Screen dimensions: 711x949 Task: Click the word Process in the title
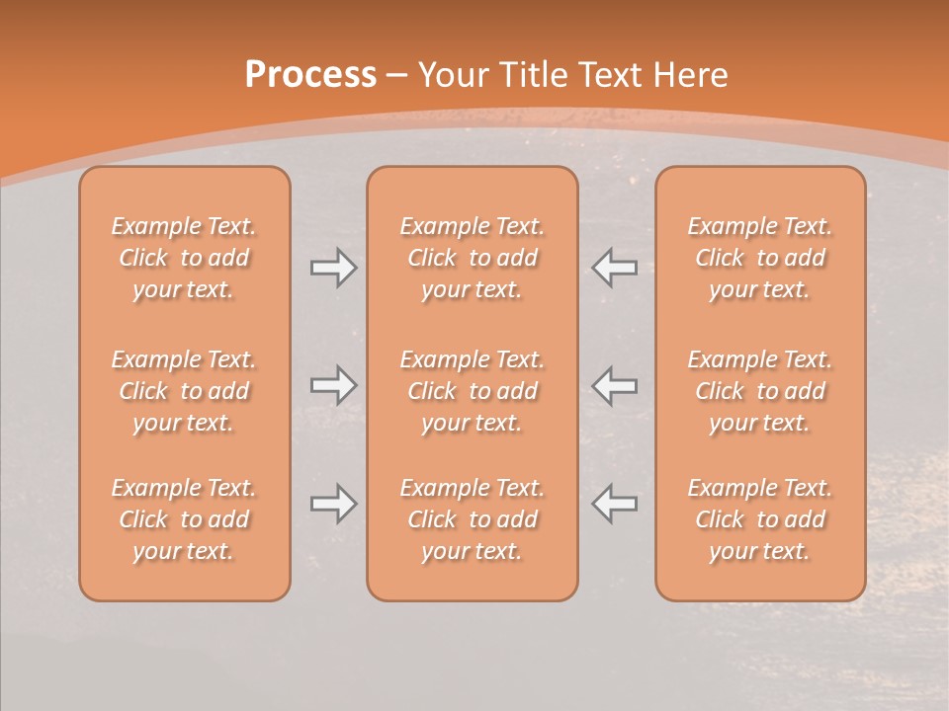click(310, 75)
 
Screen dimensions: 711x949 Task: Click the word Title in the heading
click(534, 75)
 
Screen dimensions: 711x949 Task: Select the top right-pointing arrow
click(333, 268)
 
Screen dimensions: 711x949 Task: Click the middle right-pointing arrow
click(333, 384)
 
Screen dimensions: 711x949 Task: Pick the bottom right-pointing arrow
click(333, 504)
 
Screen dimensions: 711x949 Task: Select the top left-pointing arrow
click(615, 268)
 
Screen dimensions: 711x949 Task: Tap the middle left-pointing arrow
click(615, 384)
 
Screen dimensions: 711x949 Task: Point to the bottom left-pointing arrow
click(615, 504)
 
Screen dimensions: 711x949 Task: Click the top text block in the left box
click(184, 258)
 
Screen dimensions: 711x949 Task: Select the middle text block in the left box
click(184, 391)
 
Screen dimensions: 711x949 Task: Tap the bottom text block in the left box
click(184, 519)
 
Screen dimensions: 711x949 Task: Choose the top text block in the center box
click(473, 258)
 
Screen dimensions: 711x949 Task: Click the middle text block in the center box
click(473, 391)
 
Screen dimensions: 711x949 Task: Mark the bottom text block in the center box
click(473, 519)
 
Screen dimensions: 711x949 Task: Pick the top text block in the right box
click(760, 258)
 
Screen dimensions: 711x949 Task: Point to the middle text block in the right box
click(760, 391)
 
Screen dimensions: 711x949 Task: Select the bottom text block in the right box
click(760, 519)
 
